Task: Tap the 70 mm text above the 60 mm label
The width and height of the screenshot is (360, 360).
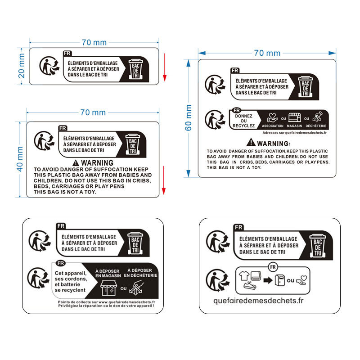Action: tap(267, 53)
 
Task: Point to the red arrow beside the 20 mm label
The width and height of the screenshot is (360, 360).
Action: tap(165, 67)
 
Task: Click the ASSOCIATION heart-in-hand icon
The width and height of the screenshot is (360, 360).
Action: tap(272, 117)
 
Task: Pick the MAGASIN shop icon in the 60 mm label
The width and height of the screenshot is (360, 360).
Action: tap(294, 117)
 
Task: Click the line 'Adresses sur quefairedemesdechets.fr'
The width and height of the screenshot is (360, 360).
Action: tap(294, 133)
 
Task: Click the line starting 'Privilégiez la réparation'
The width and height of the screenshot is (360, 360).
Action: tap(106, 306)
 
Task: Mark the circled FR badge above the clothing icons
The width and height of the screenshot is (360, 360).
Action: tap(271, 267)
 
